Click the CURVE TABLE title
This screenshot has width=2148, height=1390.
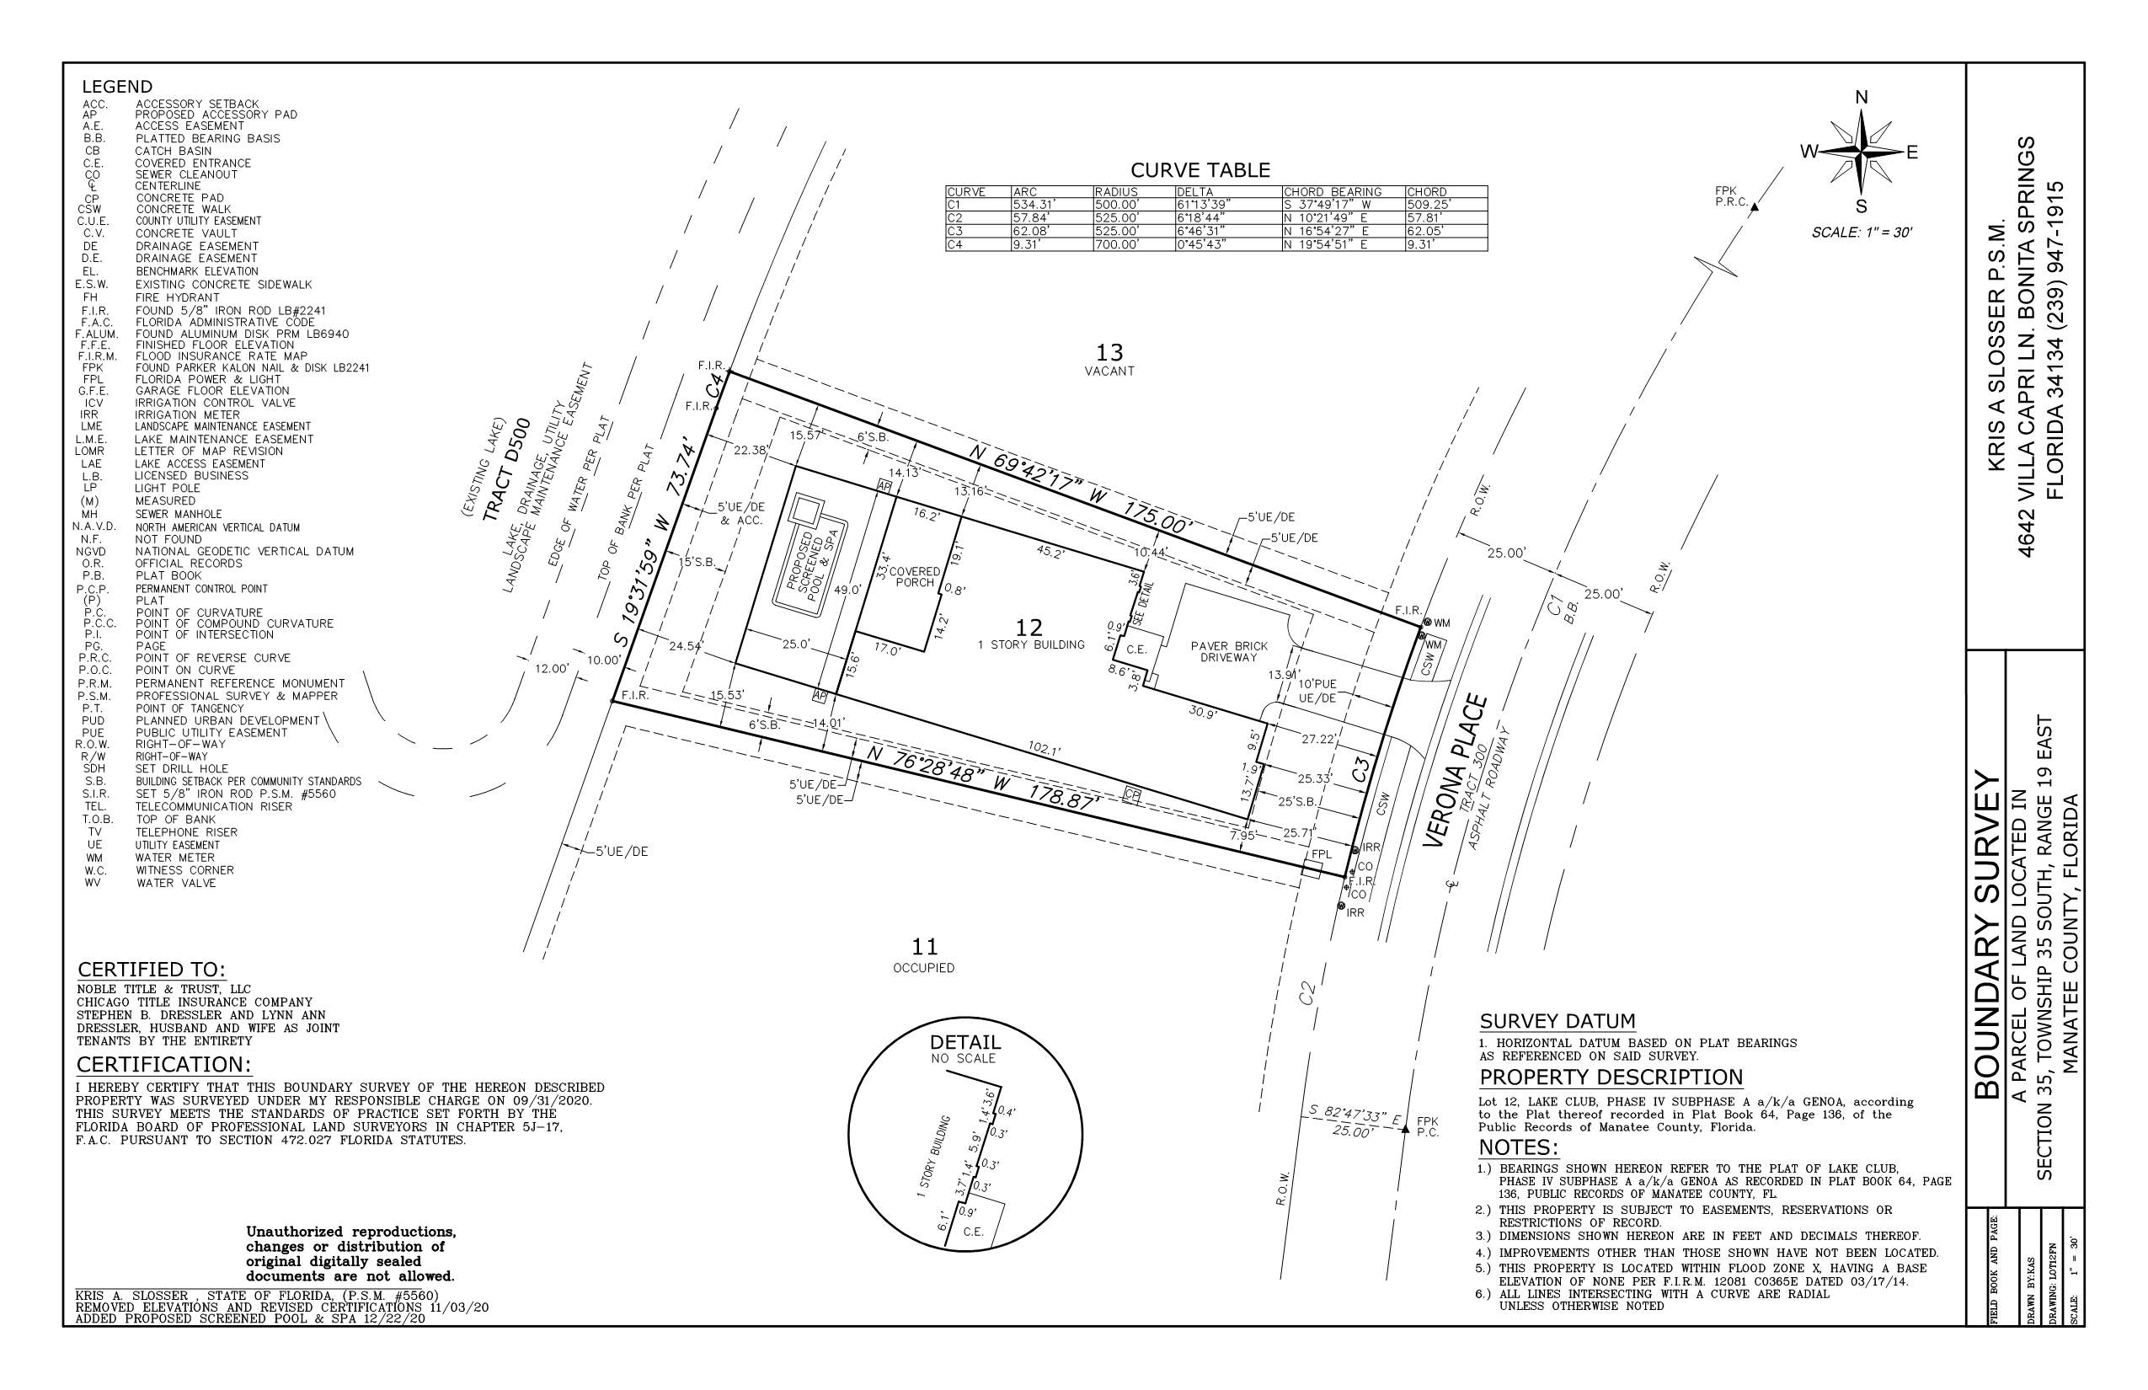(x=1200, y=169)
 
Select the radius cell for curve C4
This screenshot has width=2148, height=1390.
(x=1134, y=244)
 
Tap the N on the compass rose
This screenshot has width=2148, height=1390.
(x=1861, y=98)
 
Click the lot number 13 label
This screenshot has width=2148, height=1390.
(x=1109, y=352)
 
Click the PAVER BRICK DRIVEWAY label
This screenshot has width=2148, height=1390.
(x=1228, y=652)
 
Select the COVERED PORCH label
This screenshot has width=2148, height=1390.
(x=914, y=577)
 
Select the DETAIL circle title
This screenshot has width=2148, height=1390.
(x=965, y=1043)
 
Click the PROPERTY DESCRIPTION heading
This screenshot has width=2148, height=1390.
(x=1611, y=1077)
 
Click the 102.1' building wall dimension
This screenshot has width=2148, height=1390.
(x=1045, y=749)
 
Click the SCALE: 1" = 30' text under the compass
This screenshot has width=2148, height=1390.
(x=1862, y=232)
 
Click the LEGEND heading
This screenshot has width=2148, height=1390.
(x=117, y=87)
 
